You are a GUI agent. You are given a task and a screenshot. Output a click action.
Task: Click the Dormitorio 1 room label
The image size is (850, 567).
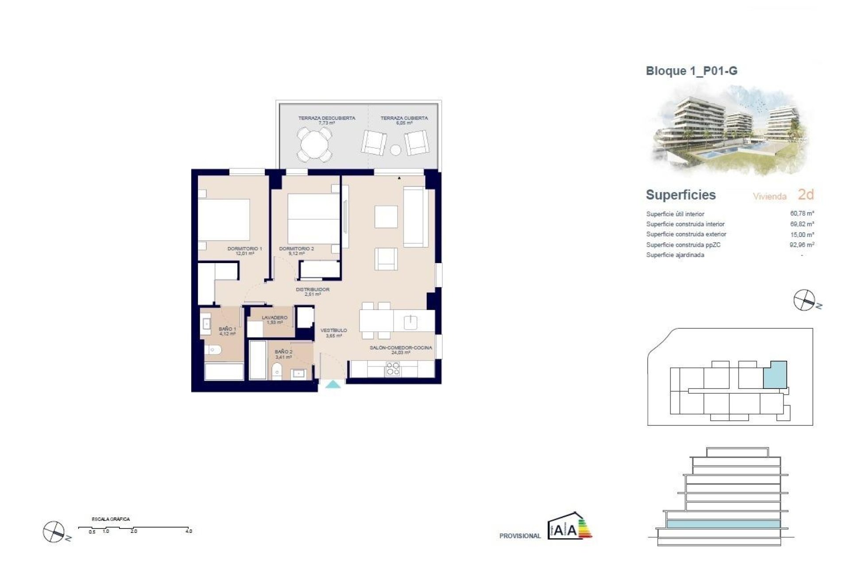[245, 249]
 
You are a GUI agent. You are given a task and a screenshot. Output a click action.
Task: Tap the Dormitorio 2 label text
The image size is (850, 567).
[296, 249]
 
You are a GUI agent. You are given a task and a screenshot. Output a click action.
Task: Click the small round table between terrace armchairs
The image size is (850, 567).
[395, 150]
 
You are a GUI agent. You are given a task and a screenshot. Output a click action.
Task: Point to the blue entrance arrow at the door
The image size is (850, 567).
[333, 384]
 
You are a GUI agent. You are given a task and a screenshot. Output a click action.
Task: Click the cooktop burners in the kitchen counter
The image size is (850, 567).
[393, 369]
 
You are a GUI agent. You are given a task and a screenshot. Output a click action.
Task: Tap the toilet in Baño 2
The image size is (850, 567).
[277, 371]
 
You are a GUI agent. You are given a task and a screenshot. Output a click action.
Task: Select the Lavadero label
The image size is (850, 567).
[274, 318]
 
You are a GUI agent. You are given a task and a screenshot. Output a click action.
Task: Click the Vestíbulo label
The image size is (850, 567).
[333, 330]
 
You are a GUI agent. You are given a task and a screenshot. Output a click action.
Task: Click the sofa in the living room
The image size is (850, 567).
[415, 217]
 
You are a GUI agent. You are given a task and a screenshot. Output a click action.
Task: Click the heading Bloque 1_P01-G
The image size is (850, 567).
[692, 71]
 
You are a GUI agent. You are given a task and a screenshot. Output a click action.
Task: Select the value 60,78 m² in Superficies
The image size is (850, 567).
[802, 214]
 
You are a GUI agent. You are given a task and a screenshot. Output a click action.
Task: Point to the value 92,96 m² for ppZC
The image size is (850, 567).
[802, 245]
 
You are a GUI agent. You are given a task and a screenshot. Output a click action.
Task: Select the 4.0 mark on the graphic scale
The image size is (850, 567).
[189, 531]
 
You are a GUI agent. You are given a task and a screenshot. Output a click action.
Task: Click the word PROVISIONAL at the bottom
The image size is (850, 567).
[520, 536]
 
